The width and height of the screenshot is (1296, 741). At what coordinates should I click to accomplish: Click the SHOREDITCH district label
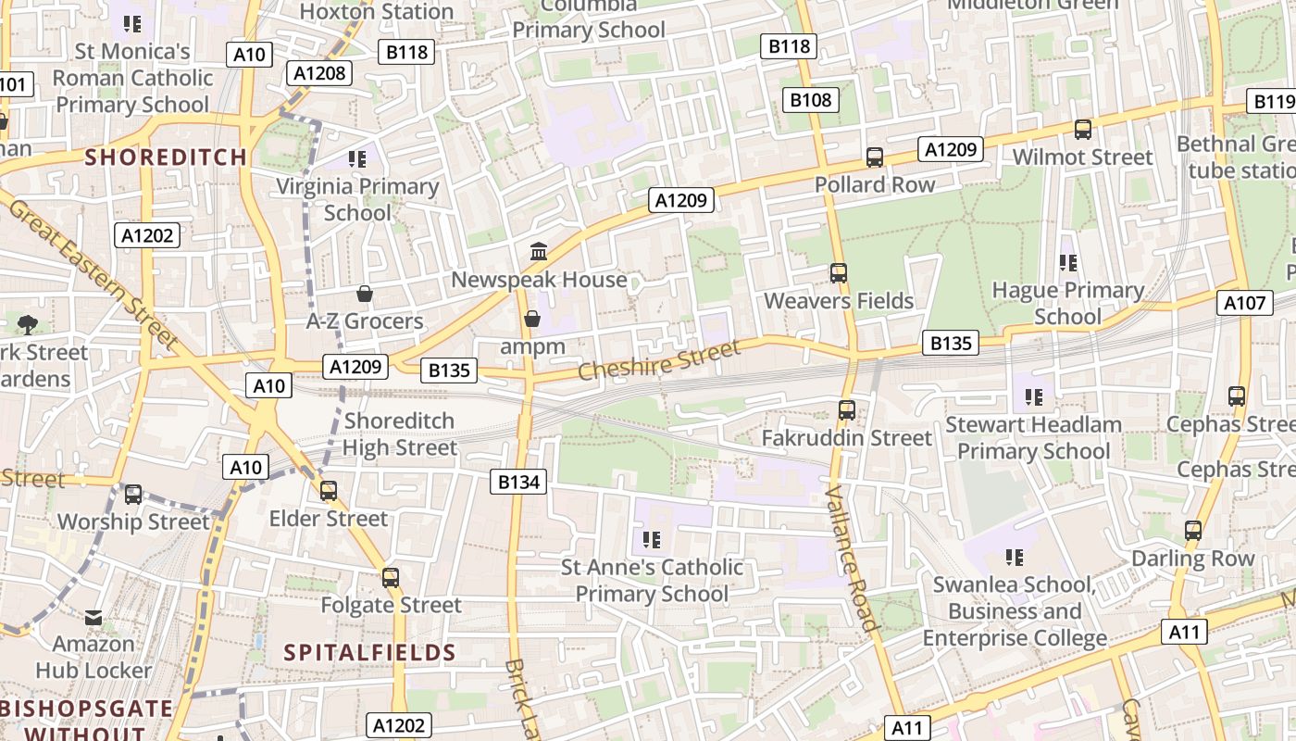click(167, 157)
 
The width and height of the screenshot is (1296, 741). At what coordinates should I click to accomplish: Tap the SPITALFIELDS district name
click(370, 652)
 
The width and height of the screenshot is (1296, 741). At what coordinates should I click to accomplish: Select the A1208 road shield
click(319, 73)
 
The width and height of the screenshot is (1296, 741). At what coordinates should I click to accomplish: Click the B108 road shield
click(810, 100)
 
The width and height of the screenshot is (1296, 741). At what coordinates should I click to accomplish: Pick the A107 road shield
click(1244, 302)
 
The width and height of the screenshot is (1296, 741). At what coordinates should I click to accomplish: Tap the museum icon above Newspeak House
click(538, 251)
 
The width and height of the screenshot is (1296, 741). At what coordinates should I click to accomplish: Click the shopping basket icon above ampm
click(532, 319)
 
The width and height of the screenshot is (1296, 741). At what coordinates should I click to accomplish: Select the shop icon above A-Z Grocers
click(365, 294)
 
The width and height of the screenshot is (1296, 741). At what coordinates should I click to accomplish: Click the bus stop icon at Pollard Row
click(875, 157)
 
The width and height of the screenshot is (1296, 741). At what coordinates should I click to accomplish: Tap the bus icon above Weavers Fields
click(839, 273)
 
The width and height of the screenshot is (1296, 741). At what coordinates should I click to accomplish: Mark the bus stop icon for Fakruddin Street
click(846, 409)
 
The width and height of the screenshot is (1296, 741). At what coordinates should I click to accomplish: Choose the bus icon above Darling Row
click(1193, 531)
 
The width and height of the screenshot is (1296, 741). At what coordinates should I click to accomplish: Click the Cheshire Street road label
click(659, 359)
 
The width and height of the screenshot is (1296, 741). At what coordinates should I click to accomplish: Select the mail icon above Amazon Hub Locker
click(93, 617)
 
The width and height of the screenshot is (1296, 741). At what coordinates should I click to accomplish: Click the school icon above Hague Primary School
click(1068, 263)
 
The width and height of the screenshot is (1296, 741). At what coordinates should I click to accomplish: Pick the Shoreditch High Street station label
click(400, 434)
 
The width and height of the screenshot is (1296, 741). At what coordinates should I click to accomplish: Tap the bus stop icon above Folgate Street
click(391, 578)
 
